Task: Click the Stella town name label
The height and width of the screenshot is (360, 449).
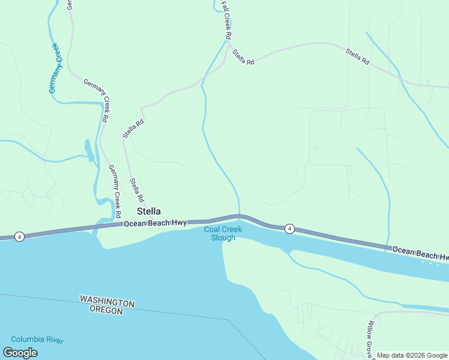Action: (149, 211)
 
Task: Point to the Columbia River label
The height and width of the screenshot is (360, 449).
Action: (37, 340)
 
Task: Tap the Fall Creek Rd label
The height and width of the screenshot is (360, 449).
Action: (226, 20)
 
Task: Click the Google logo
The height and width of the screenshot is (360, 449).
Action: (20, 353)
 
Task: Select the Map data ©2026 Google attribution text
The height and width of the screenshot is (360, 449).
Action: (412, 355)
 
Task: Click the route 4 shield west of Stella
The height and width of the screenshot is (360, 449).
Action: (20, 236)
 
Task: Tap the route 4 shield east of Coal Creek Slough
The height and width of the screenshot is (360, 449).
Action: (289, 228)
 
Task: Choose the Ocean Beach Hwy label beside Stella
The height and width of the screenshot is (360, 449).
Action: (155, 223)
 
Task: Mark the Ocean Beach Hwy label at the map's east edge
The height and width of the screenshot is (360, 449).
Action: (420, 253)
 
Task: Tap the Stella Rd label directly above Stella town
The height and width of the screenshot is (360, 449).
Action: (137, 190)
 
